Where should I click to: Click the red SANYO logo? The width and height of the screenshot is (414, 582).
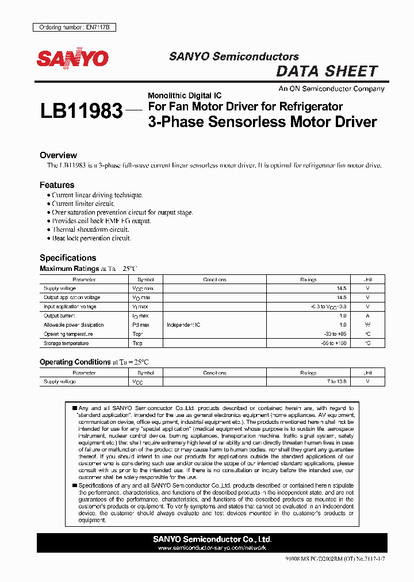72,59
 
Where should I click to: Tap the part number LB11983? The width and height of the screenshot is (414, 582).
81,111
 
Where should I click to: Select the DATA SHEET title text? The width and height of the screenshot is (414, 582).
327,71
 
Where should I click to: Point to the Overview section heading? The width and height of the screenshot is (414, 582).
58,155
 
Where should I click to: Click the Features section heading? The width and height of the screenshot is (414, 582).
57,185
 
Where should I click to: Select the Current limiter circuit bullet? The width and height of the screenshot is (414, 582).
83,204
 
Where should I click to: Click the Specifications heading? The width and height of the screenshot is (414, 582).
68,258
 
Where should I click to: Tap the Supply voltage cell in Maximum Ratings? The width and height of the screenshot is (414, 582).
60,289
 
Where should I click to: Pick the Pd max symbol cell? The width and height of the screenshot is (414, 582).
140,325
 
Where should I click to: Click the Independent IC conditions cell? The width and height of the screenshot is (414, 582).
183,325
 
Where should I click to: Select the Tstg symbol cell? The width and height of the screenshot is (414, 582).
137,343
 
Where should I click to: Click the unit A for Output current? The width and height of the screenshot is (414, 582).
367,316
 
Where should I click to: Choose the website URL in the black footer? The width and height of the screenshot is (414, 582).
212,548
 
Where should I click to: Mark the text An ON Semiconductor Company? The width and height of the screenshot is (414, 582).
331,89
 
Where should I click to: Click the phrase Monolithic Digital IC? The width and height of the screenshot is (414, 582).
185,95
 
